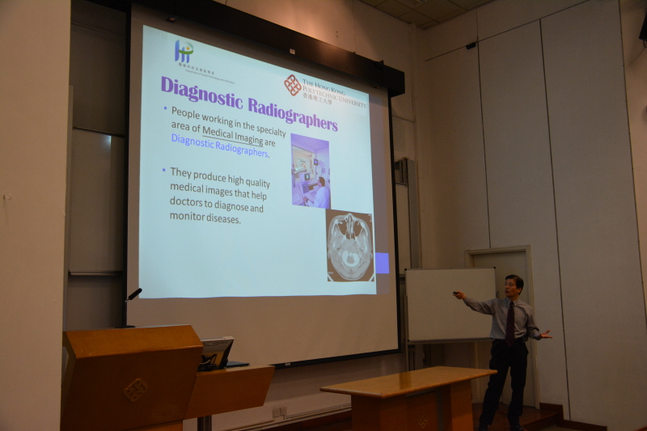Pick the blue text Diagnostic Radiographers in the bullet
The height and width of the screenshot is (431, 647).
218,146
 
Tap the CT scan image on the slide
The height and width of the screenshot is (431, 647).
349,246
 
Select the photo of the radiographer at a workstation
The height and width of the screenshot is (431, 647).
310,171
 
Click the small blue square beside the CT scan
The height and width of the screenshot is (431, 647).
381,263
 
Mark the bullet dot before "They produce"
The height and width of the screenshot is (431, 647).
164,170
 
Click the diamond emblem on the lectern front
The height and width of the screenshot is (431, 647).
135,390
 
